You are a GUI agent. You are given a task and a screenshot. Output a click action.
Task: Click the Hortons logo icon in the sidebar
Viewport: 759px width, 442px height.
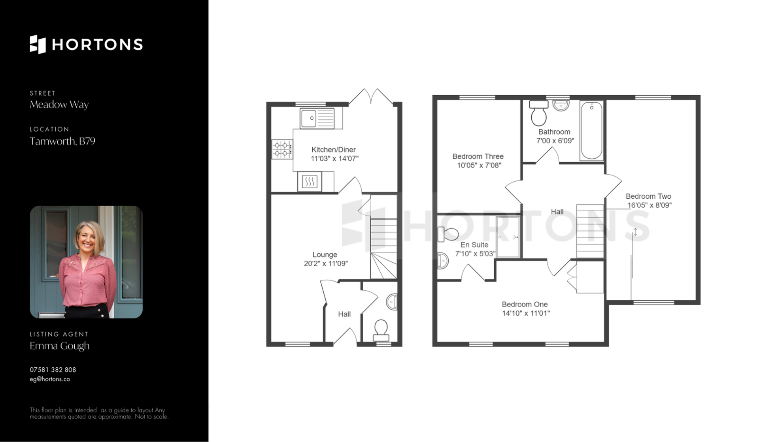(x=38, y=44)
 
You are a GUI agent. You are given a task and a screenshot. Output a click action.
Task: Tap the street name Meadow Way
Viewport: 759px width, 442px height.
(x=59, y=105)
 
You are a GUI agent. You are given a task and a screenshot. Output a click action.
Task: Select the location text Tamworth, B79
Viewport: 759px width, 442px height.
(x=62, y=141)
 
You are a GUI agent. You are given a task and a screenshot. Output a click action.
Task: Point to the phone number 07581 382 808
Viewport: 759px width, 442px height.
(x=53, y=370)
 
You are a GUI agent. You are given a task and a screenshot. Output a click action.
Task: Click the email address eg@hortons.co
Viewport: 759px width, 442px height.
(x=50, y=379)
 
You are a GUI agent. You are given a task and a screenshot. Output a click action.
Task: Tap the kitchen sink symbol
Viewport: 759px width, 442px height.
(x=317, y=118)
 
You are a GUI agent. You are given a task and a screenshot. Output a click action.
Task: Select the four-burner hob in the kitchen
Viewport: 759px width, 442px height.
(x=282, y=149)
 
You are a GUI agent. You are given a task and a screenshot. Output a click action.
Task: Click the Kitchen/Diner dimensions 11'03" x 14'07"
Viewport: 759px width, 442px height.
(x=334, y=159)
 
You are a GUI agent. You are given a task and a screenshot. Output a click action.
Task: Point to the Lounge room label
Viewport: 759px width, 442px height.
(x=325, y=255)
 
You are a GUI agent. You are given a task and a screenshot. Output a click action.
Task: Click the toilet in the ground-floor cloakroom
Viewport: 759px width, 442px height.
(x=381, y=331)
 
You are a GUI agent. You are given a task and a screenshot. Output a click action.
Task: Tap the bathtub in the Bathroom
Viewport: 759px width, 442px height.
(x=592, y=131)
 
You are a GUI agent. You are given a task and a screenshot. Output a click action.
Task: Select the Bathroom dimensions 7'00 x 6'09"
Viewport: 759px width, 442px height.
(x=555, y=141)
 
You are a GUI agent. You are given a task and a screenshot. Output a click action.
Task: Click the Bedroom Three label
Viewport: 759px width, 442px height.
(x=478, y=156)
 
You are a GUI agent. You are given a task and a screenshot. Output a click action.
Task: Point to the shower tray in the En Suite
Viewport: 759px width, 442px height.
(x=508, y=237)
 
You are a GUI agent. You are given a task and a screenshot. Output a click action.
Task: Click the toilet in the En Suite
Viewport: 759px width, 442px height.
(x=448, y=234)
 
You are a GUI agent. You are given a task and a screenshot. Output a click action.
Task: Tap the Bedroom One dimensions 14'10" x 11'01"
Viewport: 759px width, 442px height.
(x=526, y=314)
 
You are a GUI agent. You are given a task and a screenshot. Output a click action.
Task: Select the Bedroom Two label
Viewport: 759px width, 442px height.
(x=648, y=196)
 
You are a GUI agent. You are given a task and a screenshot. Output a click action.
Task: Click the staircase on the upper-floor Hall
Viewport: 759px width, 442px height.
(x=590, y=231)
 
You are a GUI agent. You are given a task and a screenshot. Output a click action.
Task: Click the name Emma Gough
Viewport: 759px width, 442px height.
(x=60, y=346)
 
